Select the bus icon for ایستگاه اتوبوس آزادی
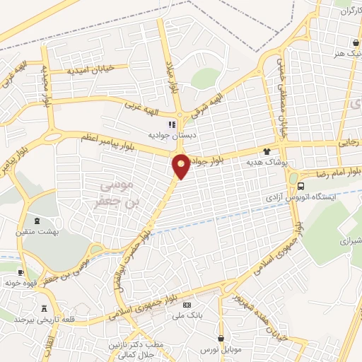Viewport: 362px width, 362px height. pyautogui.click(x=302, y=187)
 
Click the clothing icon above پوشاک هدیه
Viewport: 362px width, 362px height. pyautogui.click(x=267, y=151)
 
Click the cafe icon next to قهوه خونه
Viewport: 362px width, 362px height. pyautogui.click(x=21, y=273)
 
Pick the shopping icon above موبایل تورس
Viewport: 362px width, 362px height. pyautogui.click(x=221, y=340)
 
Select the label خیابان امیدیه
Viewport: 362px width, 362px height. pyautogui.click(x=89, y=69)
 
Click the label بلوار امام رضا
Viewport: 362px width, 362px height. pyautogui.click(x=338, y=172)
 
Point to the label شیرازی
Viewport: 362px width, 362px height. pyautogui.click(x=351, y=240)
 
